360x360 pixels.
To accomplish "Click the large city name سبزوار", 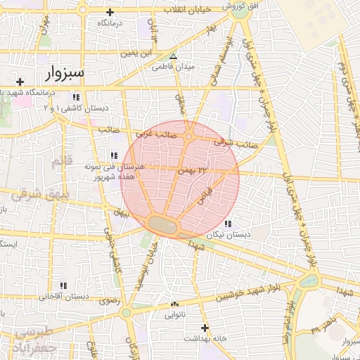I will (65, 72).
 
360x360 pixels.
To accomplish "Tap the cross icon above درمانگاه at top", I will (110, 12).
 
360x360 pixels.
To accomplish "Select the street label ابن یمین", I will (136, 53).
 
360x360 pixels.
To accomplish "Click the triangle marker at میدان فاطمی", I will (173, 56).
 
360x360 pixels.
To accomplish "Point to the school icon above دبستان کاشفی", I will (75, 97).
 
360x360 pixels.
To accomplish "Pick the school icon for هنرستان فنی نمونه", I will (112, 156).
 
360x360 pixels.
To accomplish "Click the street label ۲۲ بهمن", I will (194, 169).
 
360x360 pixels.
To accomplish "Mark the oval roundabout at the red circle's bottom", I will (163, 224).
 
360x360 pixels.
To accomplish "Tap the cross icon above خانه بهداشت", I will (205, 328).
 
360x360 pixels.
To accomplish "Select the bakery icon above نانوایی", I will (174, 304).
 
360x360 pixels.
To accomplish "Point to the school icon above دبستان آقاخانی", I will (64, 285).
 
